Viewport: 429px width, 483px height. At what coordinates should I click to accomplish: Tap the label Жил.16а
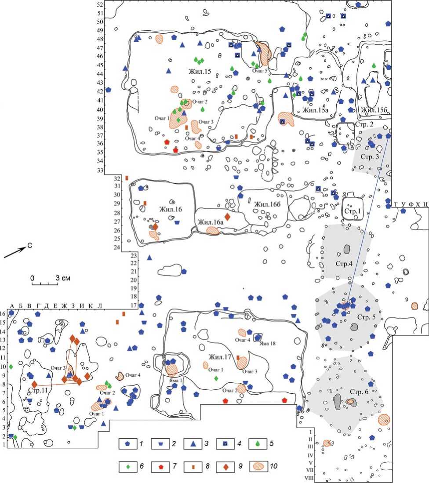[211, 223]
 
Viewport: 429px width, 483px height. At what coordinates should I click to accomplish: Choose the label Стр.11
[37, 390]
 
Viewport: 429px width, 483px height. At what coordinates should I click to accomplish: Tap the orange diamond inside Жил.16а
[227, 217]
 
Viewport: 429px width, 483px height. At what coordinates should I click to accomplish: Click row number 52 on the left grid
[100, 4]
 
